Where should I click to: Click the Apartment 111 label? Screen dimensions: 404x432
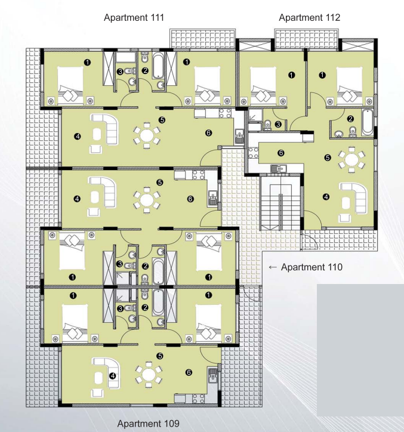[134, 18]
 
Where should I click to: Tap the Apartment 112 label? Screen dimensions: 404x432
[310, 18]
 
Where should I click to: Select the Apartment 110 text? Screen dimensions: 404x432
[312, 267]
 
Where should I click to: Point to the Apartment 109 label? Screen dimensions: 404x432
[148, 423]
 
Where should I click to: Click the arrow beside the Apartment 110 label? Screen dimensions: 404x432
[273, 267]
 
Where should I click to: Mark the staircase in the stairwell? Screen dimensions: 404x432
[280, 203]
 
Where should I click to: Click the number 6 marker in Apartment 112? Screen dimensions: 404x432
[281, 153]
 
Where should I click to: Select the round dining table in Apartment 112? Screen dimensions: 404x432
[351, 159]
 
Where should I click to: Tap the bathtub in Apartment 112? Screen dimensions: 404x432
[368, 122]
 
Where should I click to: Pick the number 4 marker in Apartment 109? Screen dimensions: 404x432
[112, 376]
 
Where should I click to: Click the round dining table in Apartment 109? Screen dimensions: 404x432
[149, 375]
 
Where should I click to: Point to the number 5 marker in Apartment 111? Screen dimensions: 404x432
[162, 120]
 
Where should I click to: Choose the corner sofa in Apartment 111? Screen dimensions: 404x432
[105, 129]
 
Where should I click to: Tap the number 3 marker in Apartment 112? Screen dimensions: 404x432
[278, 125]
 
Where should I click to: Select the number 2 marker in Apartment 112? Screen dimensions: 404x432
[350, 119]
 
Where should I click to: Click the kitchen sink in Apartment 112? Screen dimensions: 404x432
[278, 168]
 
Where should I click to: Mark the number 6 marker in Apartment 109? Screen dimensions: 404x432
[189, 372]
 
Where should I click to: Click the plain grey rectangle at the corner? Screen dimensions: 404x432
[360, 350]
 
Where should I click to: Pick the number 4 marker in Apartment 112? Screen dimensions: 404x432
[326, 197]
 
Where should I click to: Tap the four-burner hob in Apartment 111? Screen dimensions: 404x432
[225, 113]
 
